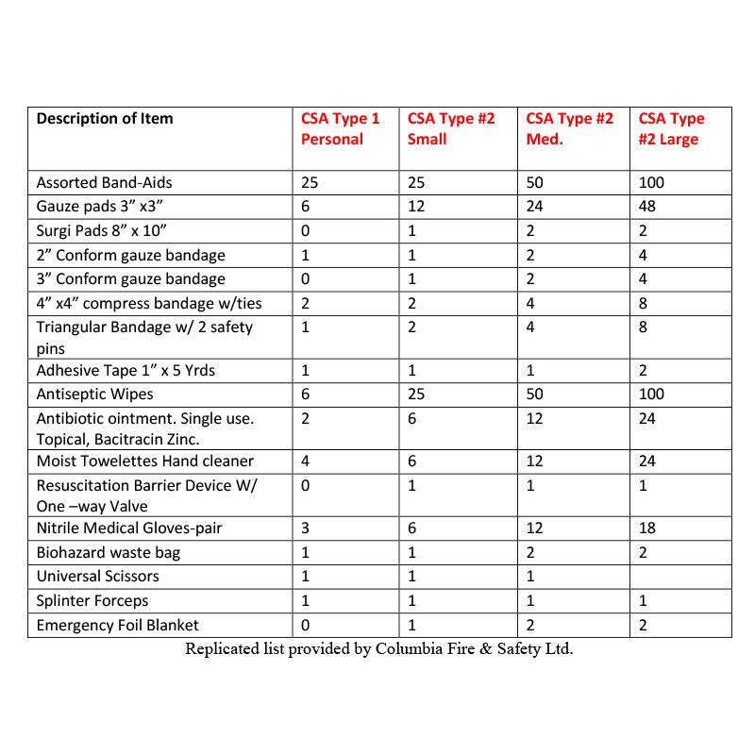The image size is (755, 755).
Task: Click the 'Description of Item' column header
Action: pyautogui.click(x=105, y=119)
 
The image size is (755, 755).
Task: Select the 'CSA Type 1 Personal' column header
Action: pyautogui.click(x=340, y=129)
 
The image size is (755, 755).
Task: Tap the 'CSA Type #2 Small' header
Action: pyautogui.click(x=450, y=129)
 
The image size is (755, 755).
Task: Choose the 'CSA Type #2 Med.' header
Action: pyautogui.click(x=569, y=129)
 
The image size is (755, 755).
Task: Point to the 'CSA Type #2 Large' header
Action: pyautogui.click(x=671, y=129)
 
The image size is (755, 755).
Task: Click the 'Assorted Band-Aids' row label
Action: pyautogui.click(x=105, y=182)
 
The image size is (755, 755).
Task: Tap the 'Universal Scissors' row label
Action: pyautogui.click(x=98, y=576)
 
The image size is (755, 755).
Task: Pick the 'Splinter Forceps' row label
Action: pyautogui.click(x=92, y=600)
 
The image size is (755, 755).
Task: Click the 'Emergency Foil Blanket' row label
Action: pyautogui.click(x=118, y=625)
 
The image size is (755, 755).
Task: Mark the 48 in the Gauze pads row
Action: pyautogui.click(x=646, y=207)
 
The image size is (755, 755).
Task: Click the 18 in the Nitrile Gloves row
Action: pyautogui.click(x=646, y=528)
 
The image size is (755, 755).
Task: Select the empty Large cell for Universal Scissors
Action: pyautogui.click(x=679, y=576)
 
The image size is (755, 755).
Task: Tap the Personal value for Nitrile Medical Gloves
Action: pyautogui.click(x=305, y=528)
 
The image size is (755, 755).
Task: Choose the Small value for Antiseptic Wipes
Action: pyautogui.click(x=416, y=394)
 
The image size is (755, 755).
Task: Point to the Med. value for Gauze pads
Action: pyautogui.click(x=534, y=207)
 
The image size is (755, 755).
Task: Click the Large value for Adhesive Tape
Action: pyautogui.click(x=643, y=369)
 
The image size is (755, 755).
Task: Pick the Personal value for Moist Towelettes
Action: pyautogui.click(x=306, y=461)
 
